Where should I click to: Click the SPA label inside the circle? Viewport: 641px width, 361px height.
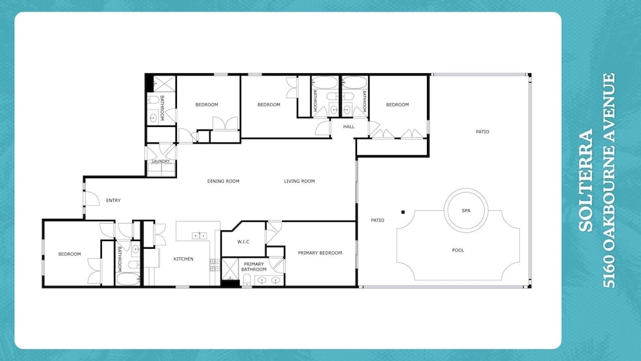point(466,210)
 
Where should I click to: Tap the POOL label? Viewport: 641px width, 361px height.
point(458,250)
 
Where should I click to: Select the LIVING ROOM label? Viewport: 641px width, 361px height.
point(299,181)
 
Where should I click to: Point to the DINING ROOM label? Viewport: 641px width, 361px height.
point(223,181)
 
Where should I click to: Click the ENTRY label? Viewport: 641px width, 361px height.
point(113,200)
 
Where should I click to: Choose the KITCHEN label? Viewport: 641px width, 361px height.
point(183,259)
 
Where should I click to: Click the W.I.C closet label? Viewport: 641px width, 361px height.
point(243,242)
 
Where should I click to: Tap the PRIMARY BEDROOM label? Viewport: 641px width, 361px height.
point(320,253)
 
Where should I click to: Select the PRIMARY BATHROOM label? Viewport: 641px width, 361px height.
point(254,267)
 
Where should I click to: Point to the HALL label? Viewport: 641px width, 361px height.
point(349,127)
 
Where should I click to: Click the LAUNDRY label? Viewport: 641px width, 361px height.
point(161,162)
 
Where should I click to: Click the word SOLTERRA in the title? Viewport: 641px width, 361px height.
point(586,180)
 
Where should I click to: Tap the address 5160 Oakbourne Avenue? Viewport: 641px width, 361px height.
point(609,180)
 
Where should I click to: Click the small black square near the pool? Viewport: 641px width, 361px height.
point(403,212)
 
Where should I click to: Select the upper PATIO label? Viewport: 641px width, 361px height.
point(483,131)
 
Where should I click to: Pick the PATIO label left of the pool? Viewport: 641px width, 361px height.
point(378,221)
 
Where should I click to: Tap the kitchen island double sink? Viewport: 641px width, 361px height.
point(199,235)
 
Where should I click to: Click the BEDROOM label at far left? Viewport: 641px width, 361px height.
point(69,254)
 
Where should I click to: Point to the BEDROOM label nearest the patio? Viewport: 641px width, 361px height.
point(397,105)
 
